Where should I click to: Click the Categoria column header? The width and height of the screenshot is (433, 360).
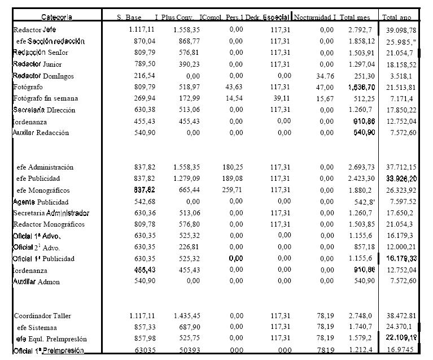(x=56, y=18)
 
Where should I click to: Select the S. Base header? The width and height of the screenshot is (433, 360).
(x=129, y=18)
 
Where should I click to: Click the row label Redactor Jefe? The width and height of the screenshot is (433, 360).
(x=35, y=29)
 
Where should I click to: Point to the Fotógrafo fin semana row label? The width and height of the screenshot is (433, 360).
(x=46, y=98)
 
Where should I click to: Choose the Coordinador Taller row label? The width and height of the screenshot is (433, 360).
(x=43, y=316)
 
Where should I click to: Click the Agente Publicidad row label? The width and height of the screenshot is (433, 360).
(x=41, y=202)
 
